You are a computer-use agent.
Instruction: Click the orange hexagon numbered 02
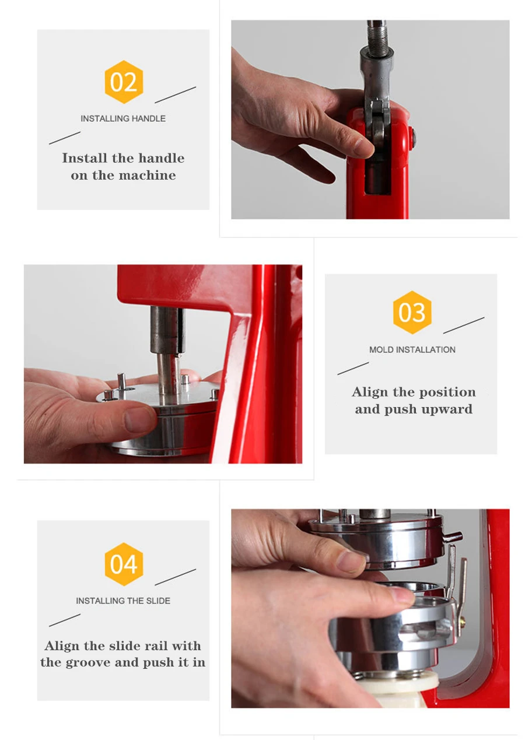[124, 82]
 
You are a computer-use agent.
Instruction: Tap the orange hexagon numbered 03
[412, 313]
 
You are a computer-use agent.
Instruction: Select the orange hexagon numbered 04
[124, 564]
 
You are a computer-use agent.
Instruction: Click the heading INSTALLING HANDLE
[123, 118]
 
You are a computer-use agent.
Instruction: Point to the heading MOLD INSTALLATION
[412, 349]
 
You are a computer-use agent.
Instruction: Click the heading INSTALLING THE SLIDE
[123, 601]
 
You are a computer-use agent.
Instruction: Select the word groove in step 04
[88, 662]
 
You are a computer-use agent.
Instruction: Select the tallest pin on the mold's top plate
[121, 382]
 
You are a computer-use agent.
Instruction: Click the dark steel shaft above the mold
[167, 329]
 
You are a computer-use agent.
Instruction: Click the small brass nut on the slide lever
[463, 620]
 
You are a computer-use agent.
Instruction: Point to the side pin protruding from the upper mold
[452, 537]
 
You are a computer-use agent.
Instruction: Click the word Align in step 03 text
[369, 392]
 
